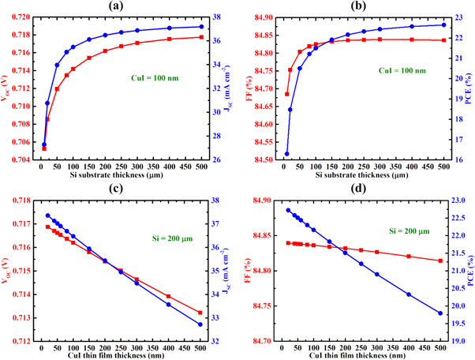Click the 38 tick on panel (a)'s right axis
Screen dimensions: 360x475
coord(220,17)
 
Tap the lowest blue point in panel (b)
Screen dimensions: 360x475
coord(286,154)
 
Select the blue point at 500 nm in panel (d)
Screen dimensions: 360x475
coord(440,313)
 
